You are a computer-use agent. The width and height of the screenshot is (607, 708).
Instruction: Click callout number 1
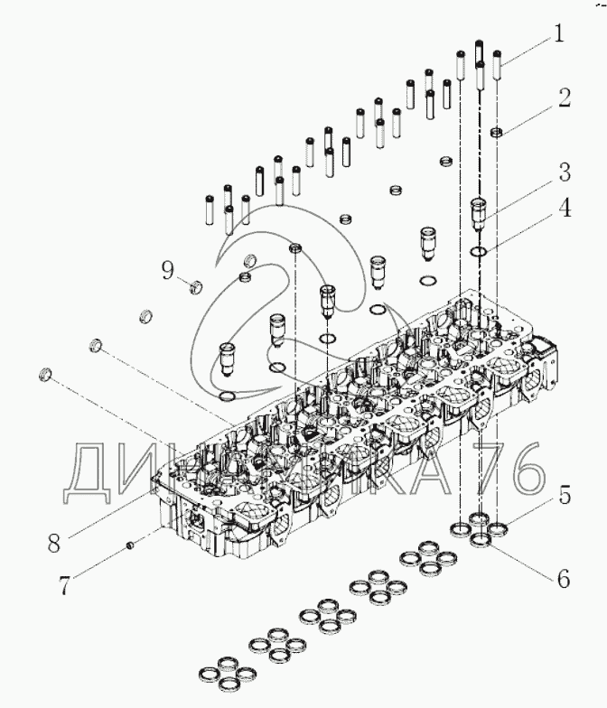pos(559,34)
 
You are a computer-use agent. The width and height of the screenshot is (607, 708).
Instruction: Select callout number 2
pos(564,98)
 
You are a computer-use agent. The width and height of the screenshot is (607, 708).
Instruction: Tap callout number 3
pos(562,171)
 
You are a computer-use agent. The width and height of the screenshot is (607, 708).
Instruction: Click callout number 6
pos(562,579)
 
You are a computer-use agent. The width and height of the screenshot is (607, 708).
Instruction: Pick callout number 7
pos(64,585)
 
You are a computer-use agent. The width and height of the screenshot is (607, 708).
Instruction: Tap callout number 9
pos(167,268)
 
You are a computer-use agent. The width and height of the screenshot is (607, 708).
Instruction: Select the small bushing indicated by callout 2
pos(496,133)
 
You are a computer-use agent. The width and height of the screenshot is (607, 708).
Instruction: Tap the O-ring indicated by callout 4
pos(481,251)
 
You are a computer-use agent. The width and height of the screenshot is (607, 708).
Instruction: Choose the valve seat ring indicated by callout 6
pos(482,539)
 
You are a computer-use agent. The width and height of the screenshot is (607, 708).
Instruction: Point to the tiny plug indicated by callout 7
pos(131,545)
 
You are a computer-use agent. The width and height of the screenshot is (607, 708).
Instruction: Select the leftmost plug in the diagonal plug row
pos(46,373)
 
